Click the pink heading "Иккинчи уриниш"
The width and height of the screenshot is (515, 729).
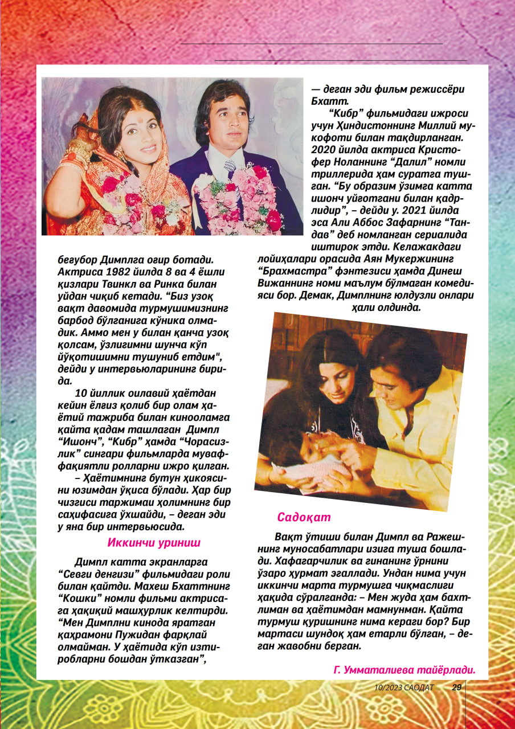[153, 543]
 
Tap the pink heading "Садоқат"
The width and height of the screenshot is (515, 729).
[304, 517]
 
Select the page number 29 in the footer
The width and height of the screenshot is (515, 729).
[456, 687]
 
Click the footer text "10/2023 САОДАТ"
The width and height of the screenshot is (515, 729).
[404, 687]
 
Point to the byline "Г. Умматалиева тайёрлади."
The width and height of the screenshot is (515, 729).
[404, 671]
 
